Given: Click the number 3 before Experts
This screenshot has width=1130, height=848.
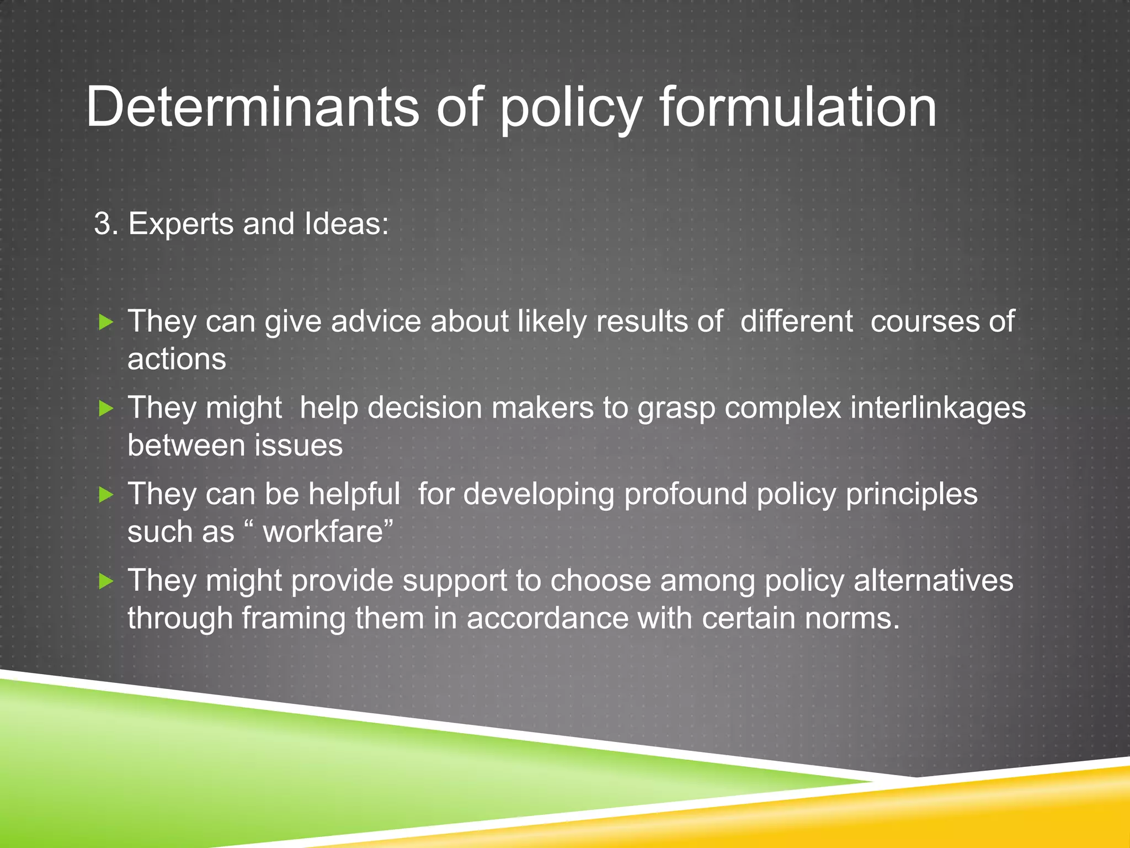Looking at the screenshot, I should [x=102, y=224].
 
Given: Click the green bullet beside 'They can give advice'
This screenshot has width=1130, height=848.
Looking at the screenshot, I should [x=106, y=322].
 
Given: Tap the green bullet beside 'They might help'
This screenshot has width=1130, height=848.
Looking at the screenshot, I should [x=106, y=409].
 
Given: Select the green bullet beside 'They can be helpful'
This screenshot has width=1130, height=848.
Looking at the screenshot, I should [x=106, y=494].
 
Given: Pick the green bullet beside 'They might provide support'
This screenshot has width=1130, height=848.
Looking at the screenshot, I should [x=106, y=581].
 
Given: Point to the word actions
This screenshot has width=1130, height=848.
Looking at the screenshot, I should [x=177, y=359].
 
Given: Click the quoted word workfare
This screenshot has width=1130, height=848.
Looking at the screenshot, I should [x=323, y=532].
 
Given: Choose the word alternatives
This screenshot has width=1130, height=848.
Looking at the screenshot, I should [x=934, y=581].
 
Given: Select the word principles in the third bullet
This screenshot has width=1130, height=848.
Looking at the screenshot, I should [x=912, y=494].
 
